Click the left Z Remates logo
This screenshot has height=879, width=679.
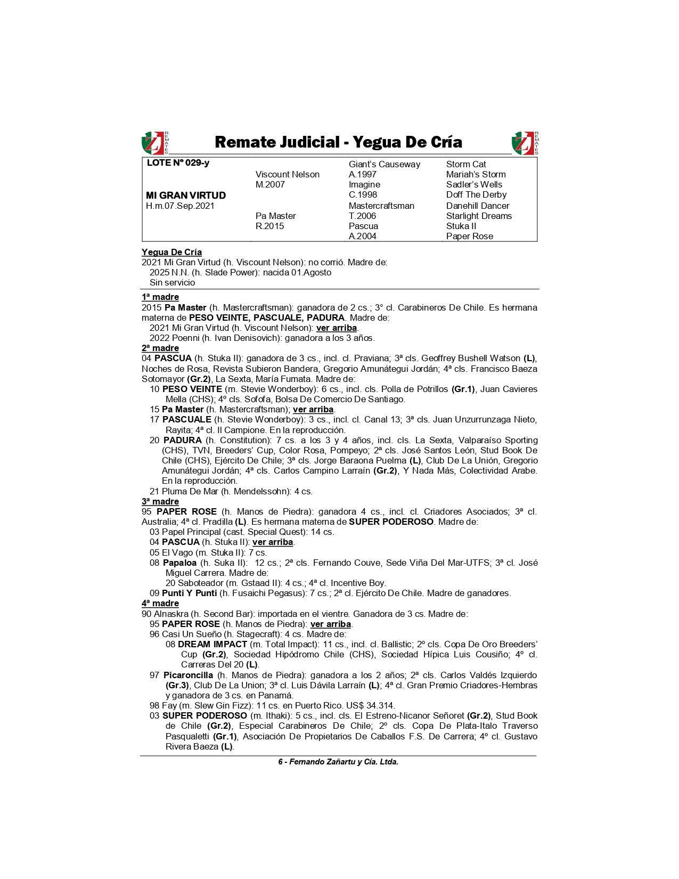(154, 143)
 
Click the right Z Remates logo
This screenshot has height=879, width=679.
(525, 143)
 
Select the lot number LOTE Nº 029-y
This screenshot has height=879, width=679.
(178, 163)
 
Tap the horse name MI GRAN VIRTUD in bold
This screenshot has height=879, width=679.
(186, 196)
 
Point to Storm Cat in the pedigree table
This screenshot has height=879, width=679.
(466, 164)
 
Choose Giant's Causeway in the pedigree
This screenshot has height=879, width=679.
(384, 164)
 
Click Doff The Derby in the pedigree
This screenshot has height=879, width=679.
(476, 195)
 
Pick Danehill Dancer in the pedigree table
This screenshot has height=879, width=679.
(478, 206)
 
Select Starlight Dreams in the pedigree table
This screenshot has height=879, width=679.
(479, 216)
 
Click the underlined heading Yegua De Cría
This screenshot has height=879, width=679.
(171, 252)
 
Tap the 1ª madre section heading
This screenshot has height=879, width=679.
(160, 297)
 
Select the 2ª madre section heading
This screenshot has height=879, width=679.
(160, 348)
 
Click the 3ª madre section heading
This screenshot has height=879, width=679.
(160, 501)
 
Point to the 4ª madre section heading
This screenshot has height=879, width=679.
(160, 603)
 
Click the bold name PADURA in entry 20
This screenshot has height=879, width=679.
(182, 440)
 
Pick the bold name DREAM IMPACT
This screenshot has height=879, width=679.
(212, 644)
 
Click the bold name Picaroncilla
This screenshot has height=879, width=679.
(188, 675)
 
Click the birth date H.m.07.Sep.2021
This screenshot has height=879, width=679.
(180, 206)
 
